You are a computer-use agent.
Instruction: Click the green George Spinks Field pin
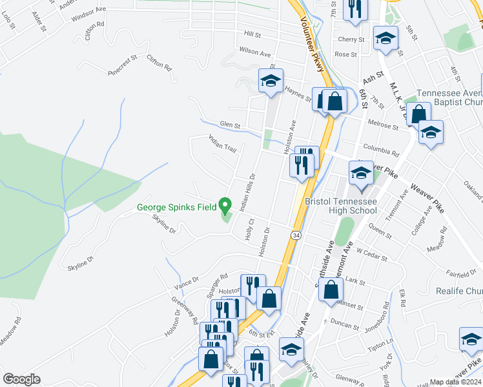(225, 206)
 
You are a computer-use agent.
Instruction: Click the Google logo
(21, 379)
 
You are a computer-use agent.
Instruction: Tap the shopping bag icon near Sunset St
(331, 291)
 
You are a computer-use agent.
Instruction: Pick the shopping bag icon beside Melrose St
(418, 115)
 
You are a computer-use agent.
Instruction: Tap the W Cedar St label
(371, 256)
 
